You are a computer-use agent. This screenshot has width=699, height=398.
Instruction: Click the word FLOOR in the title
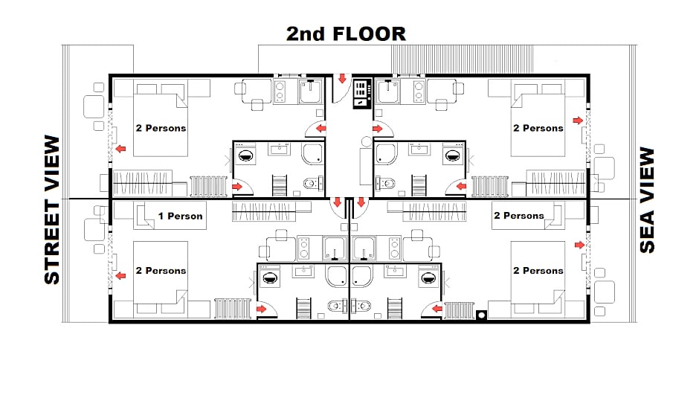pyautogui.click(x=369, y=34)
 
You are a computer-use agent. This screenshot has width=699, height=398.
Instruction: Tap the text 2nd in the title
pyautogui.click(x=306, y=34)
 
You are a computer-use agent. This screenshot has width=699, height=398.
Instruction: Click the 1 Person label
pyautogui.click(x=180, y=216)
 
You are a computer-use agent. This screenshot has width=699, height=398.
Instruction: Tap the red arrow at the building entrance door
pyautogui.click(x=342, y=79)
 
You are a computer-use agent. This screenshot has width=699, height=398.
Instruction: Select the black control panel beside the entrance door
pyautogui.click(x=362, y=93)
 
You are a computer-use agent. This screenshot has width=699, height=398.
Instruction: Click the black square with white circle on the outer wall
pyautogui.click(x=481, y=315)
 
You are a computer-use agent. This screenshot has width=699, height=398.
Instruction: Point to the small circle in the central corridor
pyautogui.click(x=367, y=142)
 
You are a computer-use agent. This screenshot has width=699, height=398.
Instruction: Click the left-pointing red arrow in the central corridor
pyautogui.click(x=320, y=129)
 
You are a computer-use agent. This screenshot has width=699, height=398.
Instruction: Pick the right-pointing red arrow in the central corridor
pyautogui.click(x=378, y=129)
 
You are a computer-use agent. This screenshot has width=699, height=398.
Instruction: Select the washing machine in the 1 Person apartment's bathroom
pyautogui.click(x=269, y=277)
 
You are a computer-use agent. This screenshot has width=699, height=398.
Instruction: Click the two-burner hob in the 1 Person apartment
pyautogui.click(x=303, y=248)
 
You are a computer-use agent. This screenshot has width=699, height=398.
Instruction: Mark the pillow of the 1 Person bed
pyautogui.click(x=144, y=216)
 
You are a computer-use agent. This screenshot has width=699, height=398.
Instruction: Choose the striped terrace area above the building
pyautogui.click(x=463, y=59)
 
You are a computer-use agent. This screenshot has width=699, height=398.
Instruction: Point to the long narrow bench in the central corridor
pyautogui.click(x=366, y=167)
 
